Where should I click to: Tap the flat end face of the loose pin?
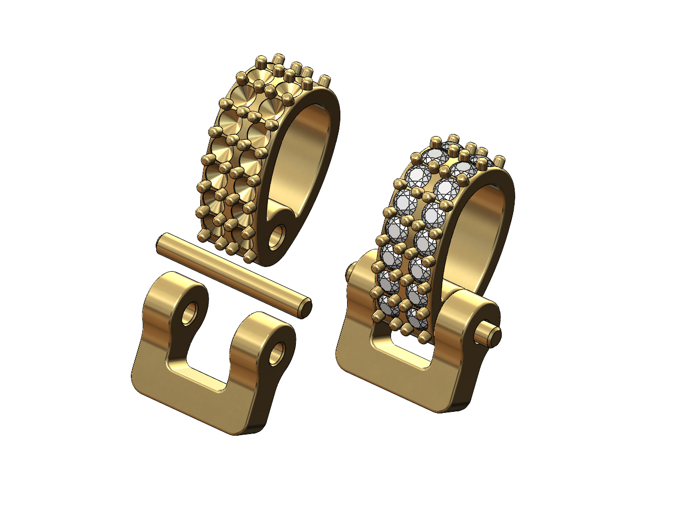[306, 306]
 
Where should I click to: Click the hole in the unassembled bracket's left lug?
[189, 312]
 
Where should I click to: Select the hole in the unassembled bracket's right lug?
[277, 351]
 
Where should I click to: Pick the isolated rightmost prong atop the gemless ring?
[324, 82]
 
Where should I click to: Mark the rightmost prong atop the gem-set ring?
[500, 161]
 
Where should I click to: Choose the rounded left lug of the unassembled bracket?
[171, 300]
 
